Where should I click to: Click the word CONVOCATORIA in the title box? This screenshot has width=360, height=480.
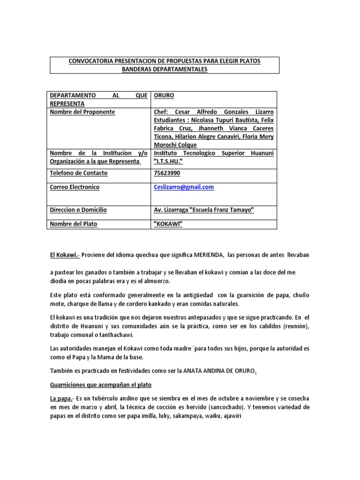click(x=89, y=61)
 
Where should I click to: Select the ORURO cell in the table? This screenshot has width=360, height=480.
click(x=164, y=95)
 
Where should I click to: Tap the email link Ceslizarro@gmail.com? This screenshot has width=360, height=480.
click(x=184, y=187)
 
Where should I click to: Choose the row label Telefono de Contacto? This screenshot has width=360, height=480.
click(x=79, y=173)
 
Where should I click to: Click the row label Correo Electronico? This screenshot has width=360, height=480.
click(x=75, y=187)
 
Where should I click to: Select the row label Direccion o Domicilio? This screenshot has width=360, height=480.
click(x=78, y=210)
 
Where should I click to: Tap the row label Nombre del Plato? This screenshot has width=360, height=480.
click(x=74, y=224)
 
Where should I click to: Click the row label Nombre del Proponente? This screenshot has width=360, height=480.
click(x=82, y=112)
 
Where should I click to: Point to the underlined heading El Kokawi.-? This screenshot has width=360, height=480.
click(x=65, y=254)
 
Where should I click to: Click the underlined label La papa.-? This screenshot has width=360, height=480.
click(x=62, y=397)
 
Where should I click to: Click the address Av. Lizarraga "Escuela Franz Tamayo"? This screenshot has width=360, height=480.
click(x=204, y=210)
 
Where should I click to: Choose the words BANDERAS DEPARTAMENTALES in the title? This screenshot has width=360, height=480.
click(x=165, y=69)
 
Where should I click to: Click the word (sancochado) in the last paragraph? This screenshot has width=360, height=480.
click(x=231, y=406)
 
